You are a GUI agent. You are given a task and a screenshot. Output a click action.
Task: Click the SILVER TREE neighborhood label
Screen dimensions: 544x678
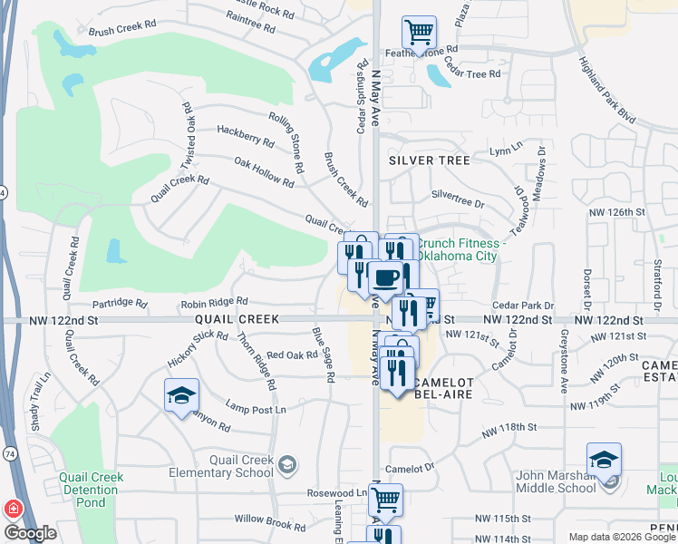pyautogui.click(x=430, y=160)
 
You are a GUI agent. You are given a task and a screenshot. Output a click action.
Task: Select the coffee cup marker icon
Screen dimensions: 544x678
pyautogui.click(x=386, y=277)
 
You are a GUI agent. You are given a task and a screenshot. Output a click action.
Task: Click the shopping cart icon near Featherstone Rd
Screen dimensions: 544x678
pyautogui.click(x=420, y=34)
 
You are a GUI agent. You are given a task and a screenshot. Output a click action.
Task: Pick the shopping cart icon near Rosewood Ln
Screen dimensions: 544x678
pyautogui.click(x=386, y=499)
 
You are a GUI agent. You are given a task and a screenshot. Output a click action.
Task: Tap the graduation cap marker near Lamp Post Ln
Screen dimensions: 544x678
pyautogui.click(x=181, y=395)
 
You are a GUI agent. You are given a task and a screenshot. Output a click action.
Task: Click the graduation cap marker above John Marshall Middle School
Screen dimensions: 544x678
pyautogui.click(x=604, y=459)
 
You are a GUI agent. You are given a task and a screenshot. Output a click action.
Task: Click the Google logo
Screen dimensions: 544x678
pyautogui.click(x=30, y=534)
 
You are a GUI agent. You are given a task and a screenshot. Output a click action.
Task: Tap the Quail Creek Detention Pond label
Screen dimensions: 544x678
pyautogui.click(x=89, y=490)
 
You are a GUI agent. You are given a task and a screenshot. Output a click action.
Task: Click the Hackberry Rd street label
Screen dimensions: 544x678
pyautogui.click(x=245, y=136)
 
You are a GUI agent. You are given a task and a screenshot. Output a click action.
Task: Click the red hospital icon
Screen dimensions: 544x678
pyautogui.click(x=11, y=510)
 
